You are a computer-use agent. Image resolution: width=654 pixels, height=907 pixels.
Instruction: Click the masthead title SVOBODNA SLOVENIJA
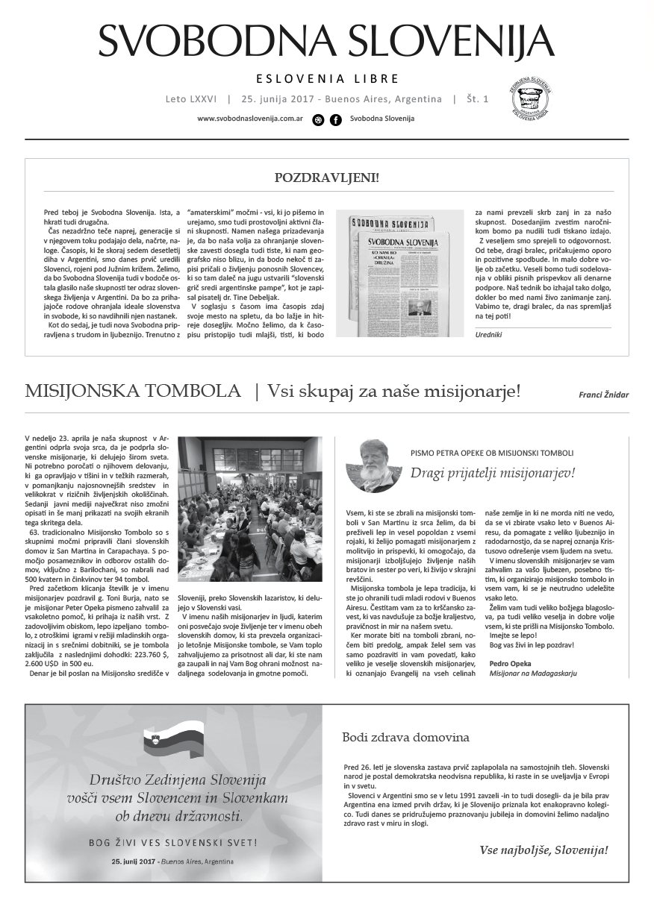pos(326,40)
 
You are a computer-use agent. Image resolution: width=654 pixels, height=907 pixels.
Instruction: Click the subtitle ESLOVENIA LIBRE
pos(327,78)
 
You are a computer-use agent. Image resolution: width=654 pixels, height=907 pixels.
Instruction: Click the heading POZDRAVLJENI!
pos(326,178)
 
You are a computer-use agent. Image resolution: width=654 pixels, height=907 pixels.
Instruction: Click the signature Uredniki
pos(490,335)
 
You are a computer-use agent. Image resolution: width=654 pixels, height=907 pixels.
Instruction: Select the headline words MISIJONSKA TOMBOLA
pos(133,392)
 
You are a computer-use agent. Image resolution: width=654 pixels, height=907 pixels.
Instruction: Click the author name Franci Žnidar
pos(603,395)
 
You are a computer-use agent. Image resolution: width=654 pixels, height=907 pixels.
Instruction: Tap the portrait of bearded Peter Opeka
pos(370,465)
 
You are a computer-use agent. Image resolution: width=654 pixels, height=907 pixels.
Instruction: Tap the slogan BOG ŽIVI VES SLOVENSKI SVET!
pos(174,843)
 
